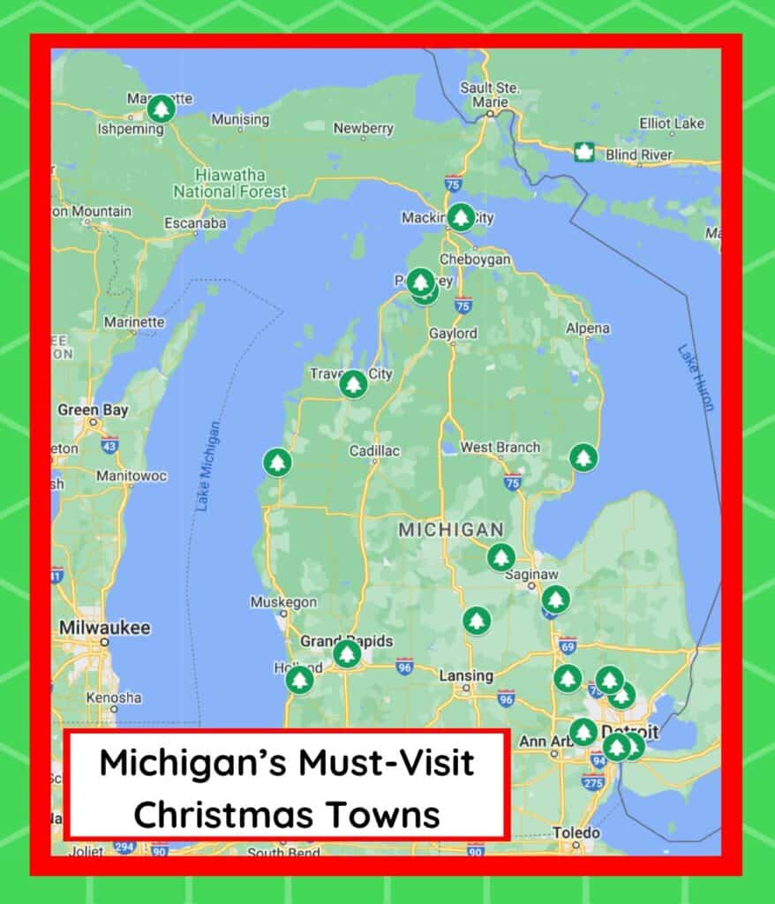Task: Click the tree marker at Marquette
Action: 161,109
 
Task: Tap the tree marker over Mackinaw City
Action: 461,216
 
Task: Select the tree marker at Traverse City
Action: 353,383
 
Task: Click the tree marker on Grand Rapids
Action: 347,653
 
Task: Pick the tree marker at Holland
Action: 299,679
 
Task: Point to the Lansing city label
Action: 466,675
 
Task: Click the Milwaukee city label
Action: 104,628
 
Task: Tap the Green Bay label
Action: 93,410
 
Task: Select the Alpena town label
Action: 588,328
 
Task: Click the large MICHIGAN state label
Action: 450,530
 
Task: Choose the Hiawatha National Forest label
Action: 230,183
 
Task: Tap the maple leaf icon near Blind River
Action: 583,152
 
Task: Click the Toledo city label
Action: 576,832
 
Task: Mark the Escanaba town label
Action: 195,223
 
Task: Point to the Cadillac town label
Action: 374,451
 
